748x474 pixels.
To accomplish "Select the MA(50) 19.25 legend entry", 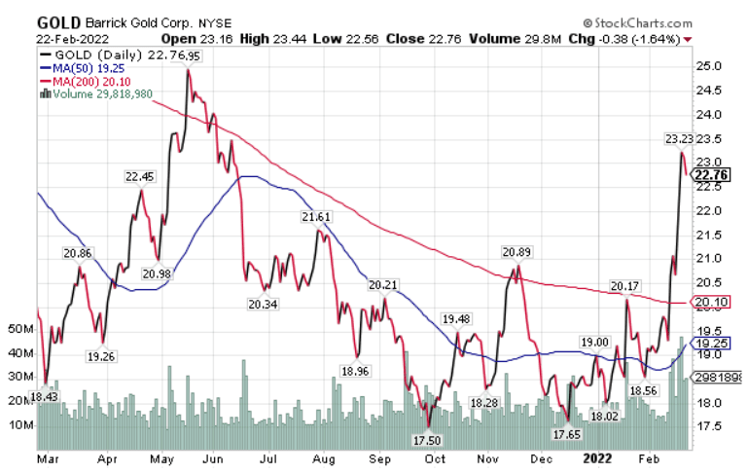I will tap(85, 69).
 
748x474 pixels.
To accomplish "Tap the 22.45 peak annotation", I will tap(139, 176).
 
